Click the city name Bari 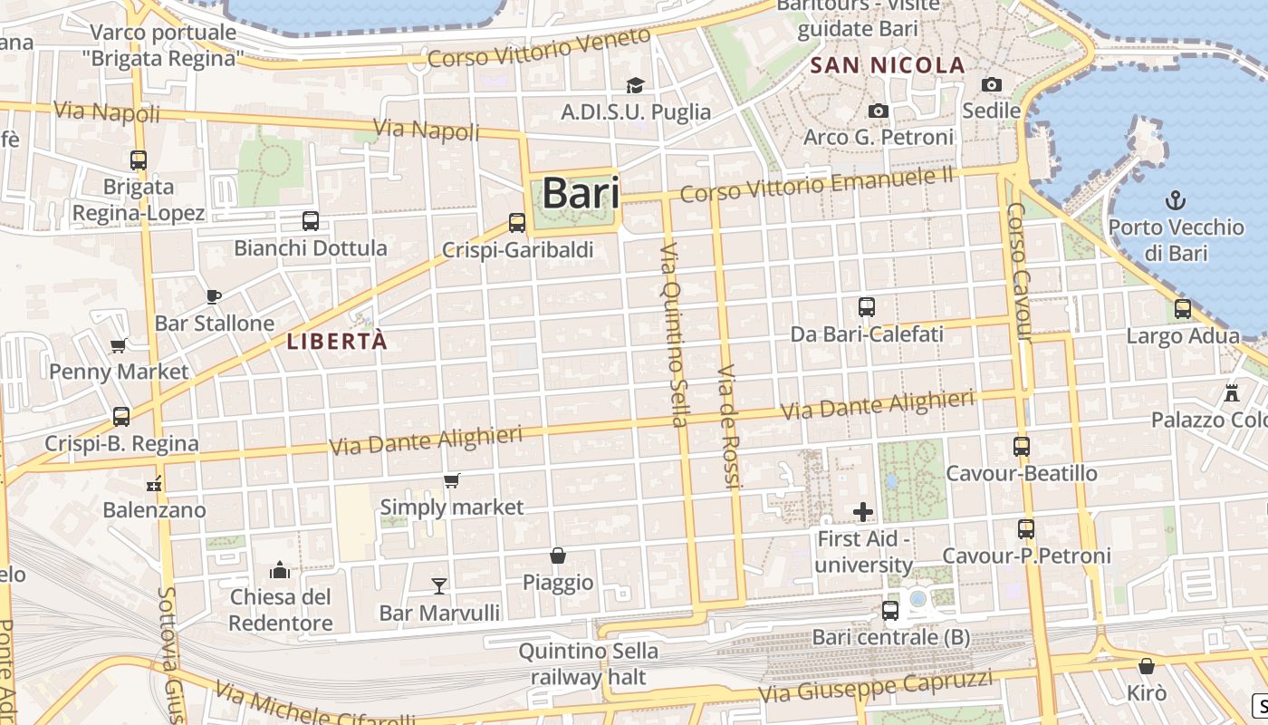(581, 193)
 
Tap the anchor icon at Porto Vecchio (1175, 199)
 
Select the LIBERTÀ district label (337, 342)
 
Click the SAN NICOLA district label (888, 65)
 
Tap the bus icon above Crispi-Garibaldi (517, 222)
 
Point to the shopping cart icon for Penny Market (118, 345)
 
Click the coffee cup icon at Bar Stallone (213, 296)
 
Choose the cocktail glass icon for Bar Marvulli (439, 585)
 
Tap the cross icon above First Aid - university (863, 512)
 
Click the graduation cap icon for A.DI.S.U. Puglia (636, 85)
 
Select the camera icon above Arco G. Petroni (878, 111)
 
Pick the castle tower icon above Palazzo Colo (1231, 392)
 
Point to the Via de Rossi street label (728, 427)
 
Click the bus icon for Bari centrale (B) (890, 611)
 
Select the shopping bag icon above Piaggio (558, 555)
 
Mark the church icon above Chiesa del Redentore (280, 570)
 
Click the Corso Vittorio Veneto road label (539, 47)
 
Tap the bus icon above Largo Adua (1183, 309)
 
